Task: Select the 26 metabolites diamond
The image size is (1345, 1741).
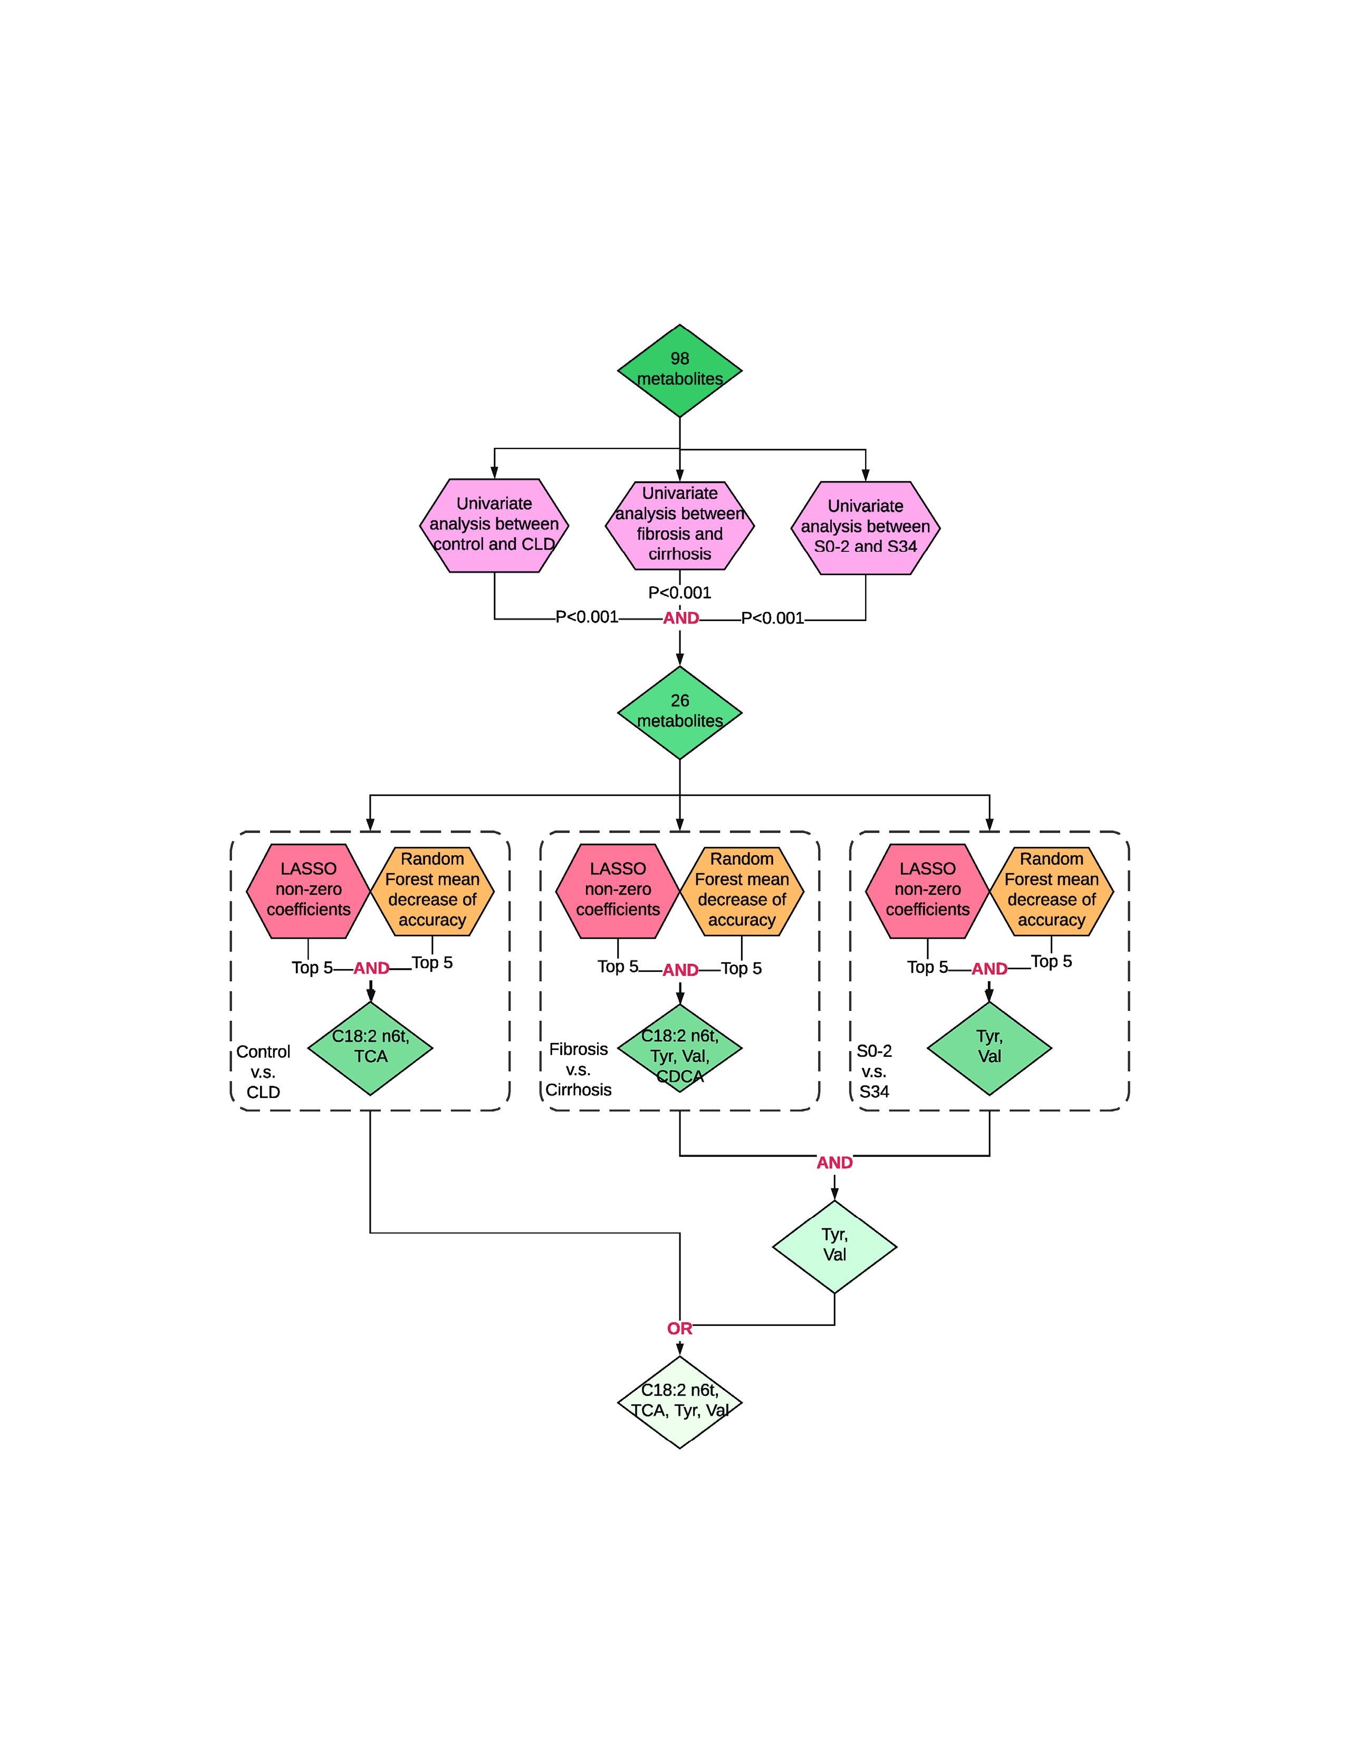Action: pos(680,712)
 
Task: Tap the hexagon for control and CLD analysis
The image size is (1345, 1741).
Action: pos(494,525)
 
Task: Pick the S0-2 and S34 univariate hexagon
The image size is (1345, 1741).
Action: pos(866,528)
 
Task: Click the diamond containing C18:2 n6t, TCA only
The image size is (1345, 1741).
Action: pos(370,1047)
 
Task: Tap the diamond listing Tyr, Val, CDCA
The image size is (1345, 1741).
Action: pos(680,1047)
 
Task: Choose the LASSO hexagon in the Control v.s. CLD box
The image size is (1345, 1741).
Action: pos(309,891)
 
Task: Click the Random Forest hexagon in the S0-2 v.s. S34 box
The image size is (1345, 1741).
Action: pos(1051,891)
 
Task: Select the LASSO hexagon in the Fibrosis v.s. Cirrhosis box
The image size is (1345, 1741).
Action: pos(618,891)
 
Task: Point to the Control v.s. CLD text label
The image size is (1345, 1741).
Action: pos(263,1072)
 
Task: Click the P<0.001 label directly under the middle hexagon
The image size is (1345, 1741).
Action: pos(680,592)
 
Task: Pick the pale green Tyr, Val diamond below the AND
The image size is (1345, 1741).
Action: pos(834,1247)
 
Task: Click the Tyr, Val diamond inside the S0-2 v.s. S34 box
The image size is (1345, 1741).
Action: pos(989,1047)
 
